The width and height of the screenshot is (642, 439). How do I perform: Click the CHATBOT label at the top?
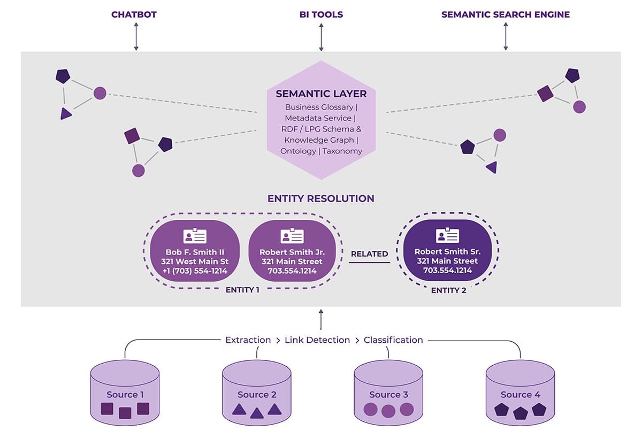pos(134,14)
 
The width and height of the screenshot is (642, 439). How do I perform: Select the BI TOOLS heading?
pos(321,14)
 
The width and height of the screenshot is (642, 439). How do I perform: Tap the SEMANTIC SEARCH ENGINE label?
pos(506,14)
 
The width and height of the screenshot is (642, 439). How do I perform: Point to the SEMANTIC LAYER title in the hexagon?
pos(321,94)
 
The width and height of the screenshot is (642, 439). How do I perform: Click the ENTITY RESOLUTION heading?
pos(321,198)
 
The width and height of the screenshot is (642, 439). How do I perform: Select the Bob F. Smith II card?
pos(195,251)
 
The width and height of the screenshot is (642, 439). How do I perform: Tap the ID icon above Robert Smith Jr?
pos(292,236)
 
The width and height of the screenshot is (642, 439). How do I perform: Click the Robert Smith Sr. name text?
pos(448,251)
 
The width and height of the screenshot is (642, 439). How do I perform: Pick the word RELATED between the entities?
pos(369,254)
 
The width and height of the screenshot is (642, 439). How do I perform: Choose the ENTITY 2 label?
pos(448,290)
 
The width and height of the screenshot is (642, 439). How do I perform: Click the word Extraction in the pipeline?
pos(248,340)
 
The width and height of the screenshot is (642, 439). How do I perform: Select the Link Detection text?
pos(317,340)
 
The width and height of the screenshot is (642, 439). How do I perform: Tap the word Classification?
pos(393,340)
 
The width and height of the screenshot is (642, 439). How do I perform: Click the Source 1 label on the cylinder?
pos(125,395)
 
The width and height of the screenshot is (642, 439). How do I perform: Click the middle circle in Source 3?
pos(388,411)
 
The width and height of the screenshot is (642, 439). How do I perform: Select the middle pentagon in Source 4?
pos(520,413)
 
